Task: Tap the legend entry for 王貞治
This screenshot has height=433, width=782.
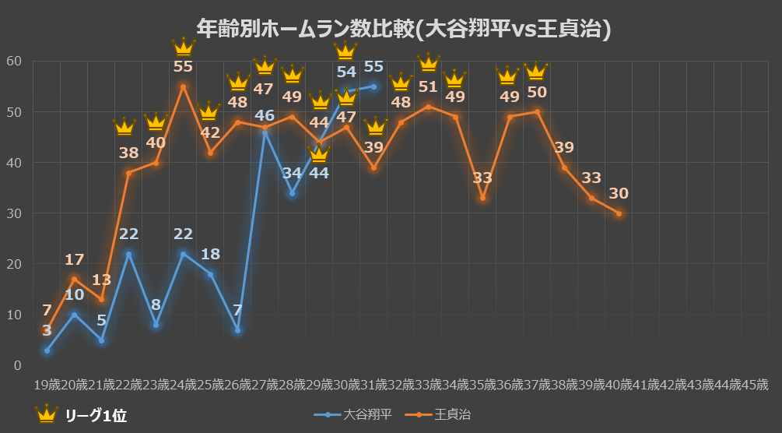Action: tap(438, 414)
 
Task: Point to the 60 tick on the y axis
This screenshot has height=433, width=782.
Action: tap(13, 62)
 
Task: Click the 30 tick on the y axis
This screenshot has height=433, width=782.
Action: tap(13, 213)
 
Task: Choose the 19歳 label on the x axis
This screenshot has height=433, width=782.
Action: tap(47, 385)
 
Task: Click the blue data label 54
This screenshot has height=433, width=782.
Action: tap(346, 72)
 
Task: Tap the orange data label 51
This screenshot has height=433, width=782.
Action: tap(428, 86)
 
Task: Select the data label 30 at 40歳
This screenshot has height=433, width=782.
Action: tap(619, 193)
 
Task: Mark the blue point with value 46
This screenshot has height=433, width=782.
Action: tap(265, 133)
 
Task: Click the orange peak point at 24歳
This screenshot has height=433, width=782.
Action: tap(183, 86)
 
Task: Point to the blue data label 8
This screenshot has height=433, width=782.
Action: tap(156, 305)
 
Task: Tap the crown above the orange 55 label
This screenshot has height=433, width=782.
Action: tap(183, 48)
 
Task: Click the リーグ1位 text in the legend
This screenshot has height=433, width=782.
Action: tap(96, 415)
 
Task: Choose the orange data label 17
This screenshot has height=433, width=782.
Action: tap(74, 259)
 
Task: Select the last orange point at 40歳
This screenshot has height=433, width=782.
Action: tap(619, 213)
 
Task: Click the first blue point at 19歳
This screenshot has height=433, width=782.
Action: tap(47, 350)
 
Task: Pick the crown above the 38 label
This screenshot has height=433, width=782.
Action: tap(124, 126)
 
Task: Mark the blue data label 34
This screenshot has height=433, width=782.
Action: tap(292, 172)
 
